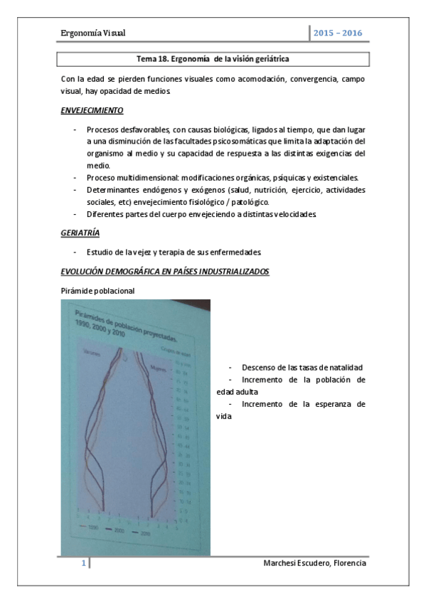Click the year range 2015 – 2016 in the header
tap(337, 33)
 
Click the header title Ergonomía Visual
tap(94, 33)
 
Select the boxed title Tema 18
tap(213, 59)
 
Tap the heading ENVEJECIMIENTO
tap(92, 111)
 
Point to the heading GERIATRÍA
tap(80, 233)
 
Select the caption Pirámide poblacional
tap(98, 291)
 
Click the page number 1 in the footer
tap(83, 564)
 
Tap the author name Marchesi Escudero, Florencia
tap(314, 564)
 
